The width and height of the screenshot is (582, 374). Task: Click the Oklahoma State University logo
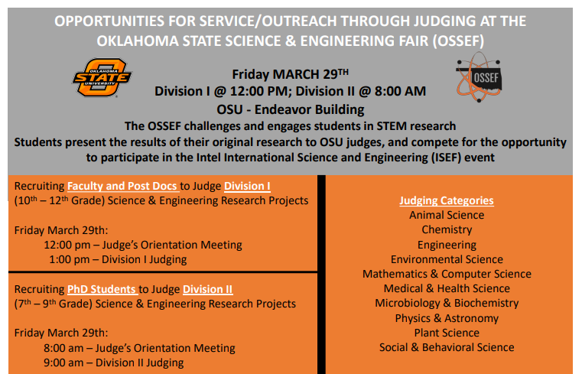coord(102,77)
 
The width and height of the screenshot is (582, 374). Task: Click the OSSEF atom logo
coord(479,76)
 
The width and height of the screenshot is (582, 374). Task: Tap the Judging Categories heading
coord(447,200)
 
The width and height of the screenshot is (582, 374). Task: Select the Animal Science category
coord(447,215)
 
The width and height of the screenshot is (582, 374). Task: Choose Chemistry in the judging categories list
coord(447,229)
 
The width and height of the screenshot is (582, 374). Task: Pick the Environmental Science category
coord(447,259)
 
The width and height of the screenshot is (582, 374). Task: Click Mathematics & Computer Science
coord(447,274)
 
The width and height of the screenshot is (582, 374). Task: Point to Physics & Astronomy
coord(447,318)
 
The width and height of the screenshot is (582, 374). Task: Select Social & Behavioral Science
coord(447,347)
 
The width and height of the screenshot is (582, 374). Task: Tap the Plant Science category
coord(447,333)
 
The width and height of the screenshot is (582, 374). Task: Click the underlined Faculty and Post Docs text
coord(123,186)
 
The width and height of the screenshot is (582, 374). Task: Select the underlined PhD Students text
coord(102,289)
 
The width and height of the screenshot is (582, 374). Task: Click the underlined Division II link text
coord(208,289)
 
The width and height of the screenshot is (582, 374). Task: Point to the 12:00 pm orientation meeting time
coord(67,245)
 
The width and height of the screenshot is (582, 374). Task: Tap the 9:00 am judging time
coord(63,363)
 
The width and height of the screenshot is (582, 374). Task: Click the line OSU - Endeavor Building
coord(291,109)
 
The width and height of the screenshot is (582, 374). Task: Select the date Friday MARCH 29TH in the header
coord(291,74)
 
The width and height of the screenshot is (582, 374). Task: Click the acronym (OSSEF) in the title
coord(458,41)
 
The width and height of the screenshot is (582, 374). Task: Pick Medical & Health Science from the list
coord(447,288)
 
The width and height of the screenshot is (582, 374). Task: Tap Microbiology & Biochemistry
coord(447,303)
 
